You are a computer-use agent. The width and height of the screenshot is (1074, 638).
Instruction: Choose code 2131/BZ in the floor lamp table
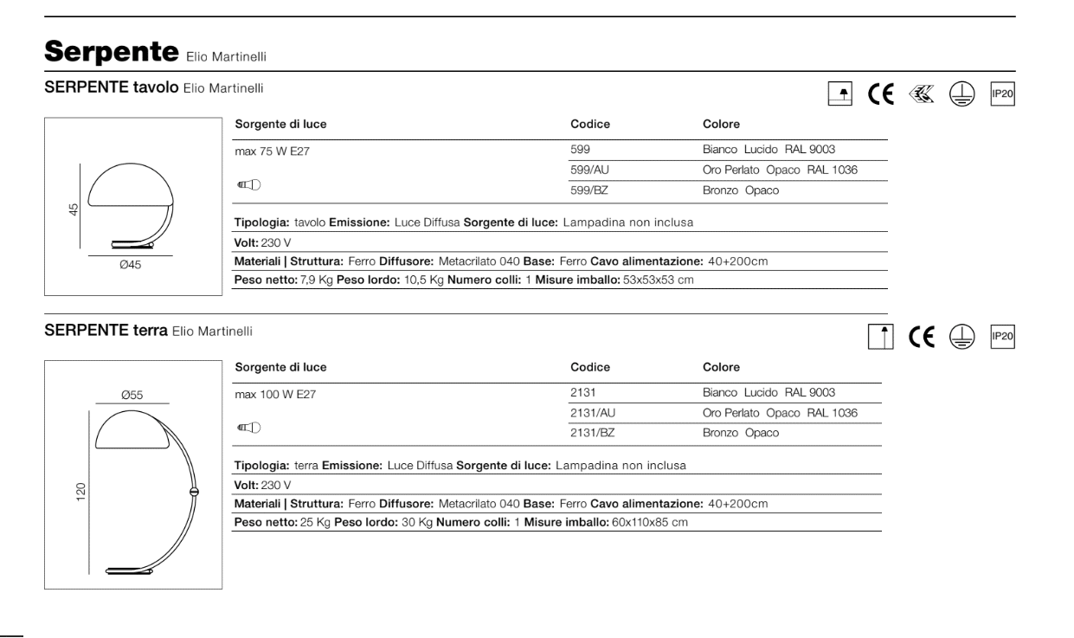point(594,431)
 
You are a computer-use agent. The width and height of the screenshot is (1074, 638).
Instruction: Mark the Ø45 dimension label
point(129,266)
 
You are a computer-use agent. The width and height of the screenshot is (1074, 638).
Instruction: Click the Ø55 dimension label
point(131,396)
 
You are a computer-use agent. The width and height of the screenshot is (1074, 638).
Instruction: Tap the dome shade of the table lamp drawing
point(131,186)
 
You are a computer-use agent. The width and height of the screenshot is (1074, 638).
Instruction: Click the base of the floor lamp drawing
point(131,570)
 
